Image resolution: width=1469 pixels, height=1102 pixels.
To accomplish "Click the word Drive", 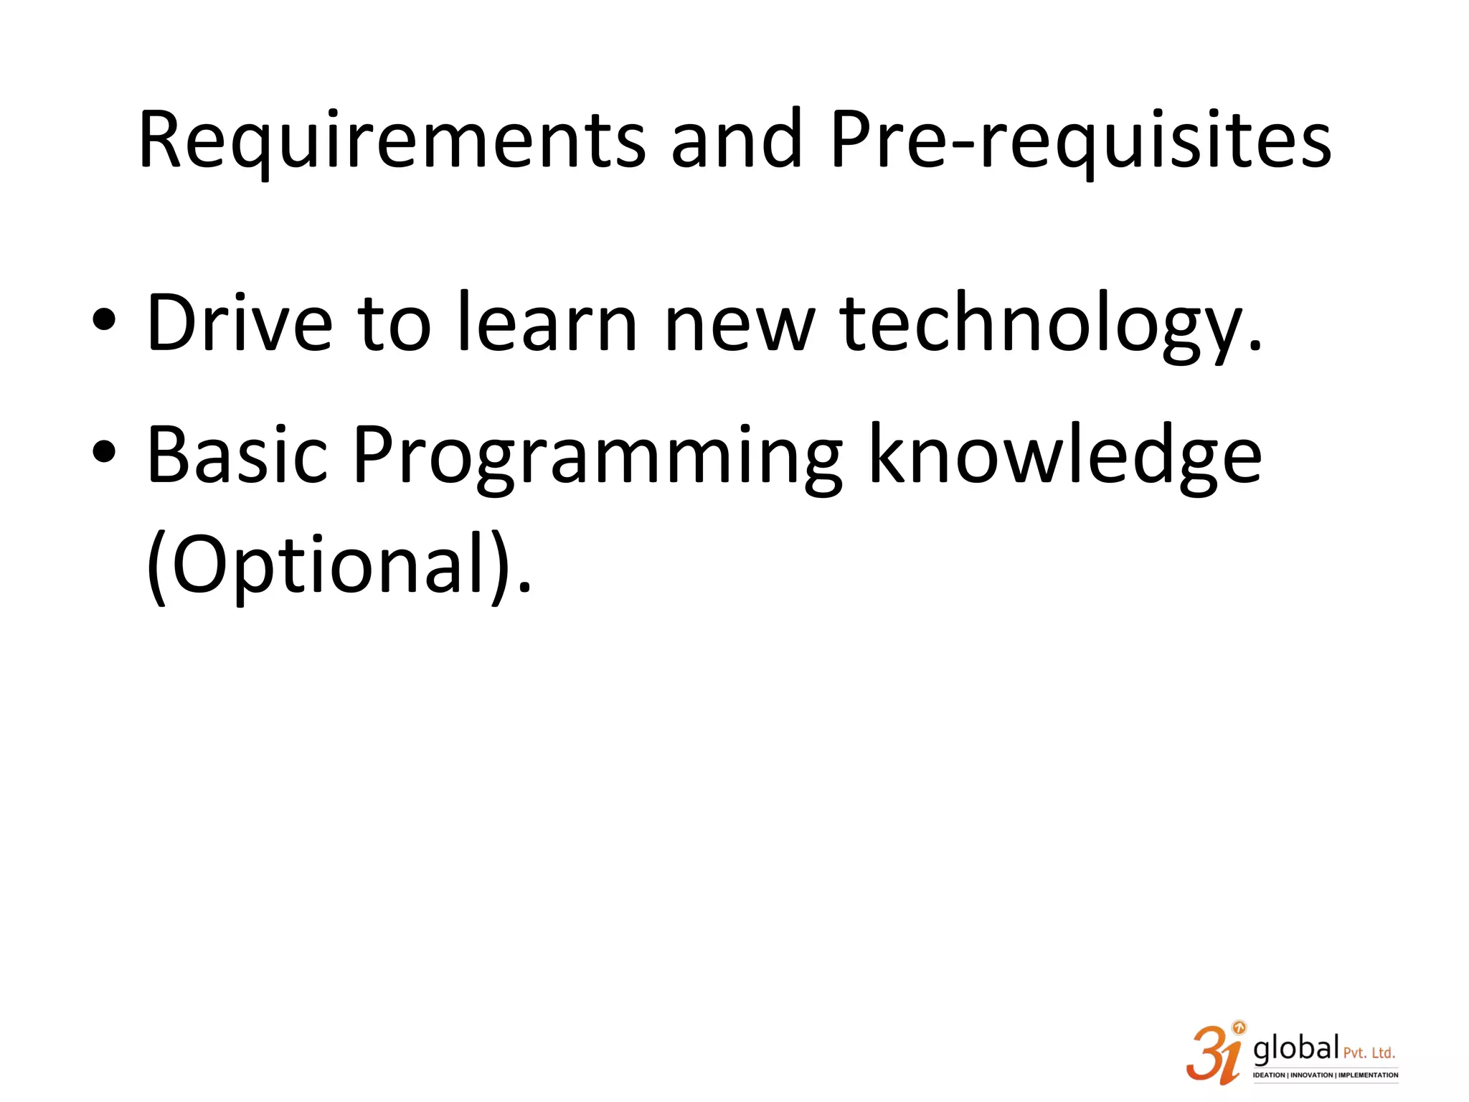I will click(x=239, y=323).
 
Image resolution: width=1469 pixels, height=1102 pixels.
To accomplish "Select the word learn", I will click(x=547, y=323).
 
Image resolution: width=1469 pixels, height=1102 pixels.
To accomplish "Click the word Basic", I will click(x=237, y=455).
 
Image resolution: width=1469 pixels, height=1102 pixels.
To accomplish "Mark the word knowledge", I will click(x=1064, y=456).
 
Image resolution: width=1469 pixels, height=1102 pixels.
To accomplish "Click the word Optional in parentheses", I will click(x=331, y=565).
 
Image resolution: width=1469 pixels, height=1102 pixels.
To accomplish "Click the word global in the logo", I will click(x=1295, y=1049).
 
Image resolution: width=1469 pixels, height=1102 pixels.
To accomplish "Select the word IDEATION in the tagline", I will click(x=1269, y=1075).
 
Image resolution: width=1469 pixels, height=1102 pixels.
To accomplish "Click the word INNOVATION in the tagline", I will click(x=1312, y=1075).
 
